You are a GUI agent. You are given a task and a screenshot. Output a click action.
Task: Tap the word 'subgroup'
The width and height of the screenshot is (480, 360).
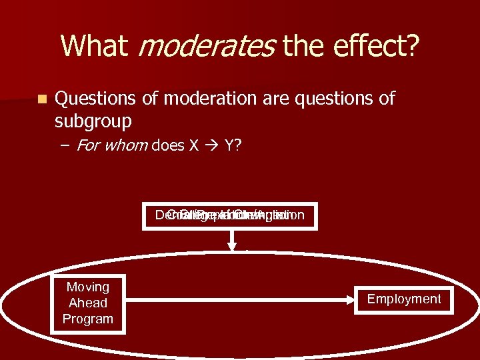[93, 121]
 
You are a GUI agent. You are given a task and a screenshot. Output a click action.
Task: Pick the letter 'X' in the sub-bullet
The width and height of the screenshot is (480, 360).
[194, 145]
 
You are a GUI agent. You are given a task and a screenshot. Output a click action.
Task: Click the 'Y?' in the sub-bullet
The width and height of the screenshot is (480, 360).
[233, 145]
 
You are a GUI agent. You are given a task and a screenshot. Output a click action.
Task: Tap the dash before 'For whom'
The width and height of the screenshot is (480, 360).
[67, 145]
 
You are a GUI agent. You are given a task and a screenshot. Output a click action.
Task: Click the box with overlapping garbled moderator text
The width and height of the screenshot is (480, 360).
[229, 215]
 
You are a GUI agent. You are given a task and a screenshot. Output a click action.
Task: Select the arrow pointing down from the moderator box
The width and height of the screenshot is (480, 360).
[232, 240]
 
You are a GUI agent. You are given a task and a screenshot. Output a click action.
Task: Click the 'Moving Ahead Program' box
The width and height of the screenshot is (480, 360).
[87, 303]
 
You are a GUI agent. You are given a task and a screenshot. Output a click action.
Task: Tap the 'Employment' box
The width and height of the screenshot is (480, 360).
[404, 299]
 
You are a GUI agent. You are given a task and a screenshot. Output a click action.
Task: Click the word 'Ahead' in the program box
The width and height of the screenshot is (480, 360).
[87, 303]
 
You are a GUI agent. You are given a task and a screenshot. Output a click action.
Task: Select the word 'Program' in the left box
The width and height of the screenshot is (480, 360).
[87, 319]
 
